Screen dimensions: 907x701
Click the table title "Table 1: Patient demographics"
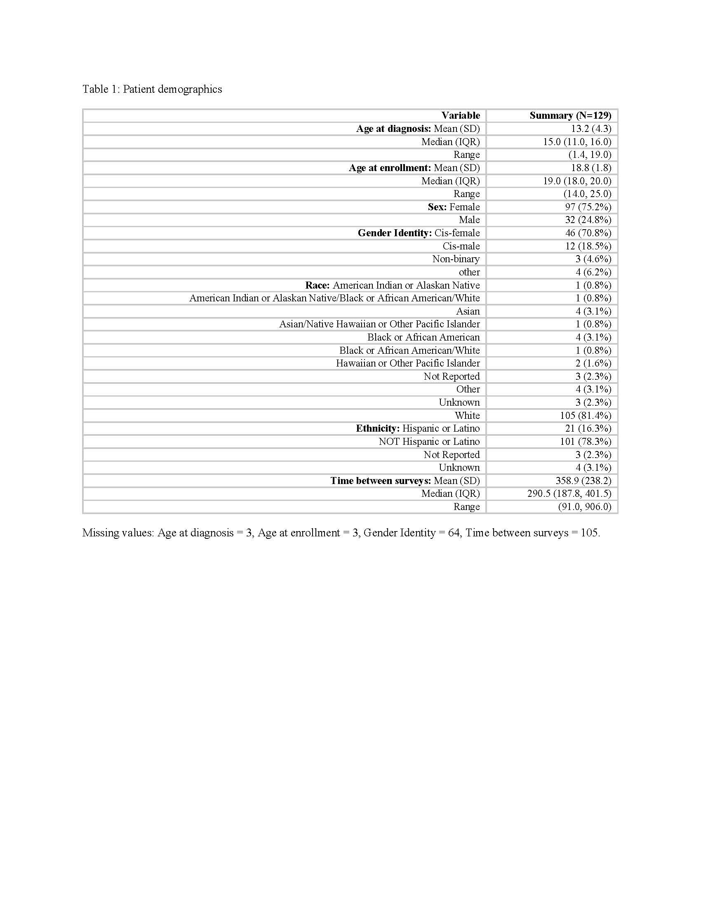[x=152, y=89]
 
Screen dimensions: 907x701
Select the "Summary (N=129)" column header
[x=570, y=115]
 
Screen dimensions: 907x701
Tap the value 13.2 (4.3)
[x=591, y=129]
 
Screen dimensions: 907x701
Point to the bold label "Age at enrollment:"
[x=390, y=168]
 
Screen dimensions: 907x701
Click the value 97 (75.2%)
[x=588, y=207]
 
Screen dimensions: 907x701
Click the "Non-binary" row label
[x=456, y=259]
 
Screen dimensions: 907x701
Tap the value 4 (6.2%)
[x=593, y=272]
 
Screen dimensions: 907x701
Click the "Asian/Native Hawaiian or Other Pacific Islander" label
[x=379, y=324]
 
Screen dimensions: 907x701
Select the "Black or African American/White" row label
[x=409, y=350]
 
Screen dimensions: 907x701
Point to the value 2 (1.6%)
[x=593, y=363]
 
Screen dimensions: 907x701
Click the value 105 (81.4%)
[x=586, y=415]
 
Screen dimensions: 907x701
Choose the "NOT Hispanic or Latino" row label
[x=429, y=442]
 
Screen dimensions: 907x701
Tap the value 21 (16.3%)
[x=588, y=428]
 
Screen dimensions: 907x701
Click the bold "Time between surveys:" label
[x=381, y=480]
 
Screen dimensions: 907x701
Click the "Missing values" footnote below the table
[x=341, y=533]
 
